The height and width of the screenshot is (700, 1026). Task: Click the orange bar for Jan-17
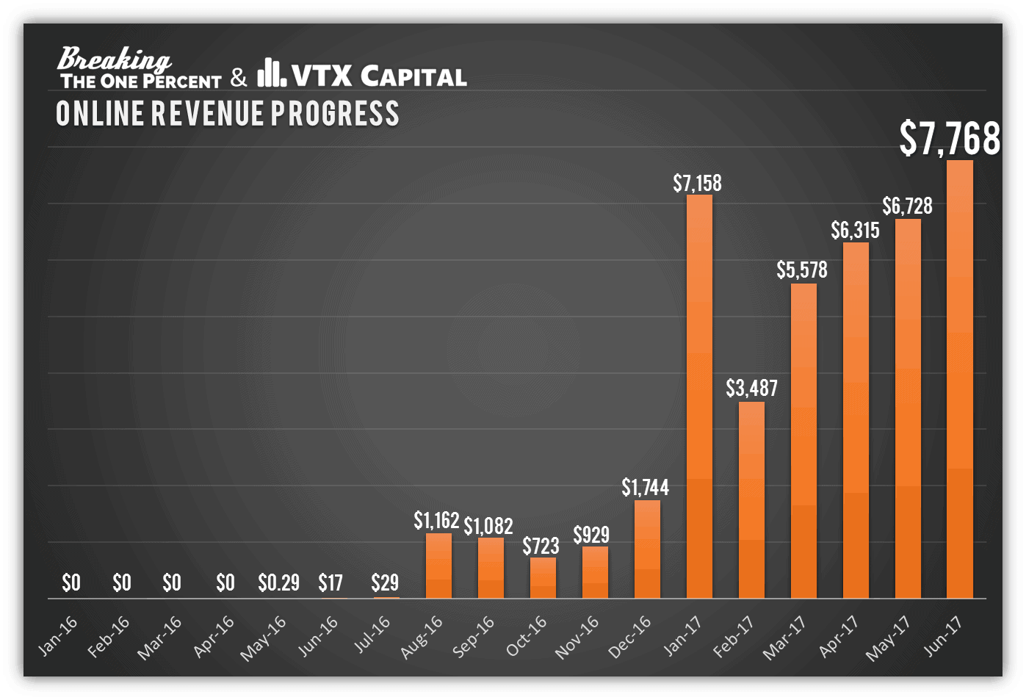[699, 397]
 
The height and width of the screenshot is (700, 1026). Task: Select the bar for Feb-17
[751, 499]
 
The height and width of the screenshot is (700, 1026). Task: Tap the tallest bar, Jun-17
[960, 379]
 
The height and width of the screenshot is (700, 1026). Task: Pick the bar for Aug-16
[438, 566]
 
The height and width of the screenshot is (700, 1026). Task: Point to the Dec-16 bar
[647, 549]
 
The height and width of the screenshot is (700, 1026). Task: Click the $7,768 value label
[950, 138]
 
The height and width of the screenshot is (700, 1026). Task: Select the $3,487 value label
[751, 388]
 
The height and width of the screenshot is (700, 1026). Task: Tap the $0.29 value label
[278, 583]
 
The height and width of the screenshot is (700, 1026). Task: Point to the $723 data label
[541, 546]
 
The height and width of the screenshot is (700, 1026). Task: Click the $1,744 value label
[646, 487]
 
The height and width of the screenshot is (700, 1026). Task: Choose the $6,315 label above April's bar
[855, 231]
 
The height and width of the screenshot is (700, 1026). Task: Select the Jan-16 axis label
[57, 636]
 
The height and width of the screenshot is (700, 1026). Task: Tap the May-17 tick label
[888, 638]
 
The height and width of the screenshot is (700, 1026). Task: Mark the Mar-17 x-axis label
[784, 638]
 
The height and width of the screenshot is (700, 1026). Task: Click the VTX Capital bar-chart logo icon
[271, 73]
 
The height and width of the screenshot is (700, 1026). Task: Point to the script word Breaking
[114, 59]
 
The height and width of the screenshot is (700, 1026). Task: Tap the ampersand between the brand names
[239, 77]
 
